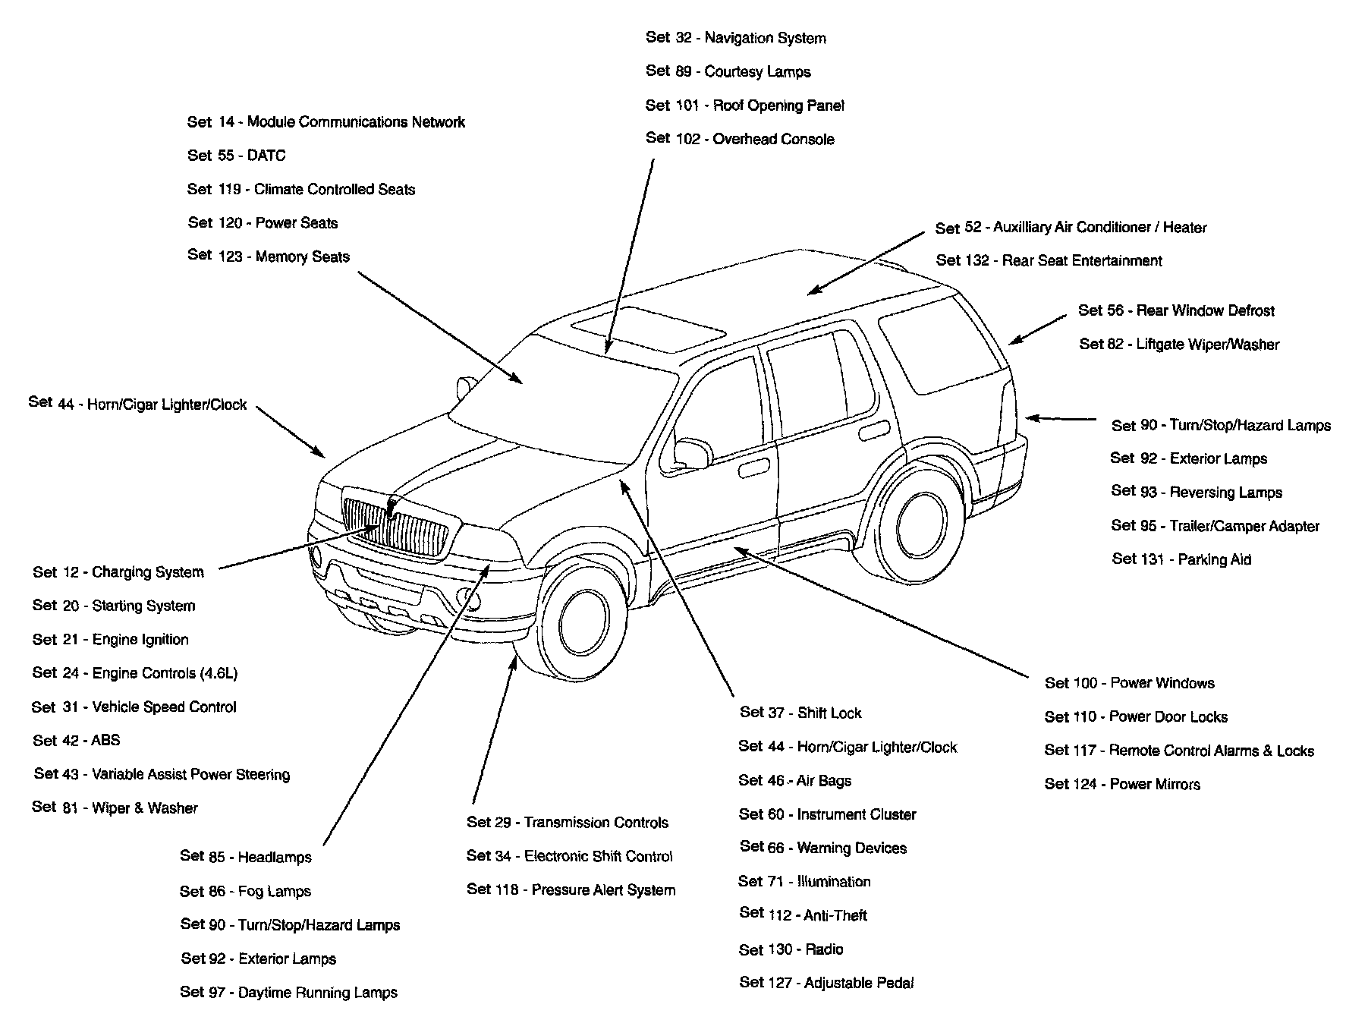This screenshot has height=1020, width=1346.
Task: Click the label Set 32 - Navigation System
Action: pos(735,38)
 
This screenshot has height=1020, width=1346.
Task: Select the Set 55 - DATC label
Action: pos(236,156)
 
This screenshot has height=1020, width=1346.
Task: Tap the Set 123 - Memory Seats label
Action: pos(268,257)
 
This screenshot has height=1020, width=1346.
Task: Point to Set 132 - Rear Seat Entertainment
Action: pos(1049,261)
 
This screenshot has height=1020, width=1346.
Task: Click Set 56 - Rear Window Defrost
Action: pos(1176,310)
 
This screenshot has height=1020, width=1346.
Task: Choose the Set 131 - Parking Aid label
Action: pos(1181,559)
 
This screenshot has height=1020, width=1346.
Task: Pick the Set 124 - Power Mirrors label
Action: pos(1122,784)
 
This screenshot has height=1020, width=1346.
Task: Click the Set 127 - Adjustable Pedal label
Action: pos(826,983)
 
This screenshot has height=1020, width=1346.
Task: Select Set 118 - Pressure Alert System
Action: pos(571,889)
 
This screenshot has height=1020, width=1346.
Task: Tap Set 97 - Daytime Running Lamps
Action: pos(288,992)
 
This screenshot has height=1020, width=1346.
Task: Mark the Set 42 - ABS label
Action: pos(76,740)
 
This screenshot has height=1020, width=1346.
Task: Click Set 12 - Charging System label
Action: pos(118,572)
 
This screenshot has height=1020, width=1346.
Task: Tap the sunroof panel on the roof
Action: pos(649,329)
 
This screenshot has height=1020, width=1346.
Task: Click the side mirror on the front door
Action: pos(691,452)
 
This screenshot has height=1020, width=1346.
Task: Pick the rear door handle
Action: pos(875,430)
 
